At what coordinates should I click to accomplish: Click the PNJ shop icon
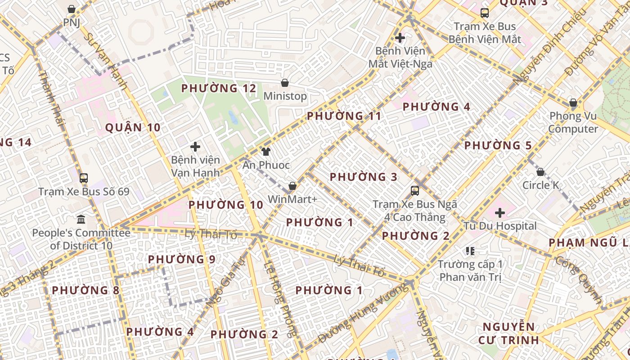(x=72, y=9)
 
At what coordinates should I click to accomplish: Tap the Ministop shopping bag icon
(x=284, y=83)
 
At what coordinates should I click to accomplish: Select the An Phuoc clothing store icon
(x=266, y=152)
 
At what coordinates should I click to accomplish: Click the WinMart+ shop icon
(x=292, y=186)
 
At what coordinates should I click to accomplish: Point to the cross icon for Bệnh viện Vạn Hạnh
(x=195, y=147)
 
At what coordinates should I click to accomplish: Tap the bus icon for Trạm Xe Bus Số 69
(x=84, y=178)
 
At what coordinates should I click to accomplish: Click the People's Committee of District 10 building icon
(x=81, y=220)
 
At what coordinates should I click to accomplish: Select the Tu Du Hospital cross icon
(x=500, y=212)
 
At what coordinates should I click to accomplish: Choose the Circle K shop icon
(x=540, y=172)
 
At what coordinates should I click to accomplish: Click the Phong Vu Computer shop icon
(x=573, y=103)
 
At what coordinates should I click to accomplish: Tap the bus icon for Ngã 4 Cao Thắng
(x=415, y=191)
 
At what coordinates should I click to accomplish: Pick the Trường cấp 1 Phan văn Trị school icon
(x=470, y=251)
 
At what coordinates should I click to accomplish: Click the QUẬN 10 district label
(x=133, y=128)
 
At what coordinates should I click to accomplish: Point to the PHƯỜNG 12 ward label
(x=219, y=89)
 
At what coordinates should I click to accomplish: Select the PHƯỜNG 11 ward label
(x=344, y=117)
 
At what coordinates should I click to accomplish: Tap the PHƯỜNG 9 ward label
(x=182, y=260)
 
